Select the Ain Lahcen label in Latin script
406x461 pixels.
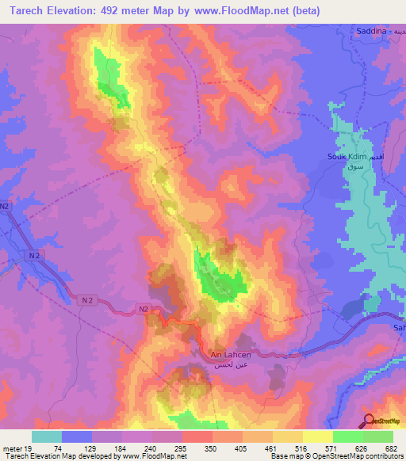pyautogui.click(x=230, y=356)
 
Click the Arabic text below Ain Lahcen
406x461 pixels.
pyautogui.click(x=229, y=368)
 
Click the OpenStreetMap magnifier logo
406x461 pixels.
pyautogui.click(x=370, y=421)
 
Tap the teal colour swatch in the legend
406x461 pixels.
pyautogui.click(x=47, y=436)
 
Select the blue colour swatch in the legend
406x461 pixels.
pyautogui.click(x=77, y=436)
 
